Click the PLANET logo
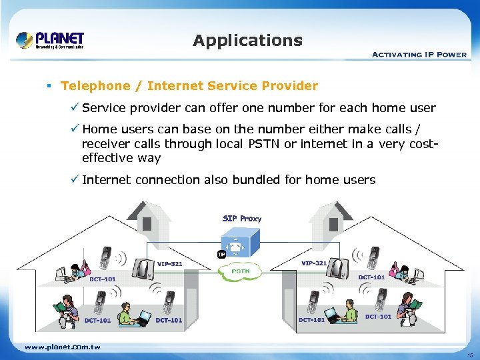point(51,40)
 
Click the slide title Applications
point(247,41)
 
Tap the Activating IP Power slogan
point(419,54)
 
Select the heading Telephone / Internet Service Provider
point(189,86)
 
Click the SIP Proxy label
point(241,219)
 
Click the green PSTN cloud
point(239,271)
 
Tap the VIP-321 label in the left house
point(169,264)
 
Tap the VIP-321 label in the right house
point(313,263)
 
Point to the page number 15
point(470,355)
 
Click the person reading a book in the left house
point(65,311)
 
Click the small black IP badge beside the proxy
point(221,254)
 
